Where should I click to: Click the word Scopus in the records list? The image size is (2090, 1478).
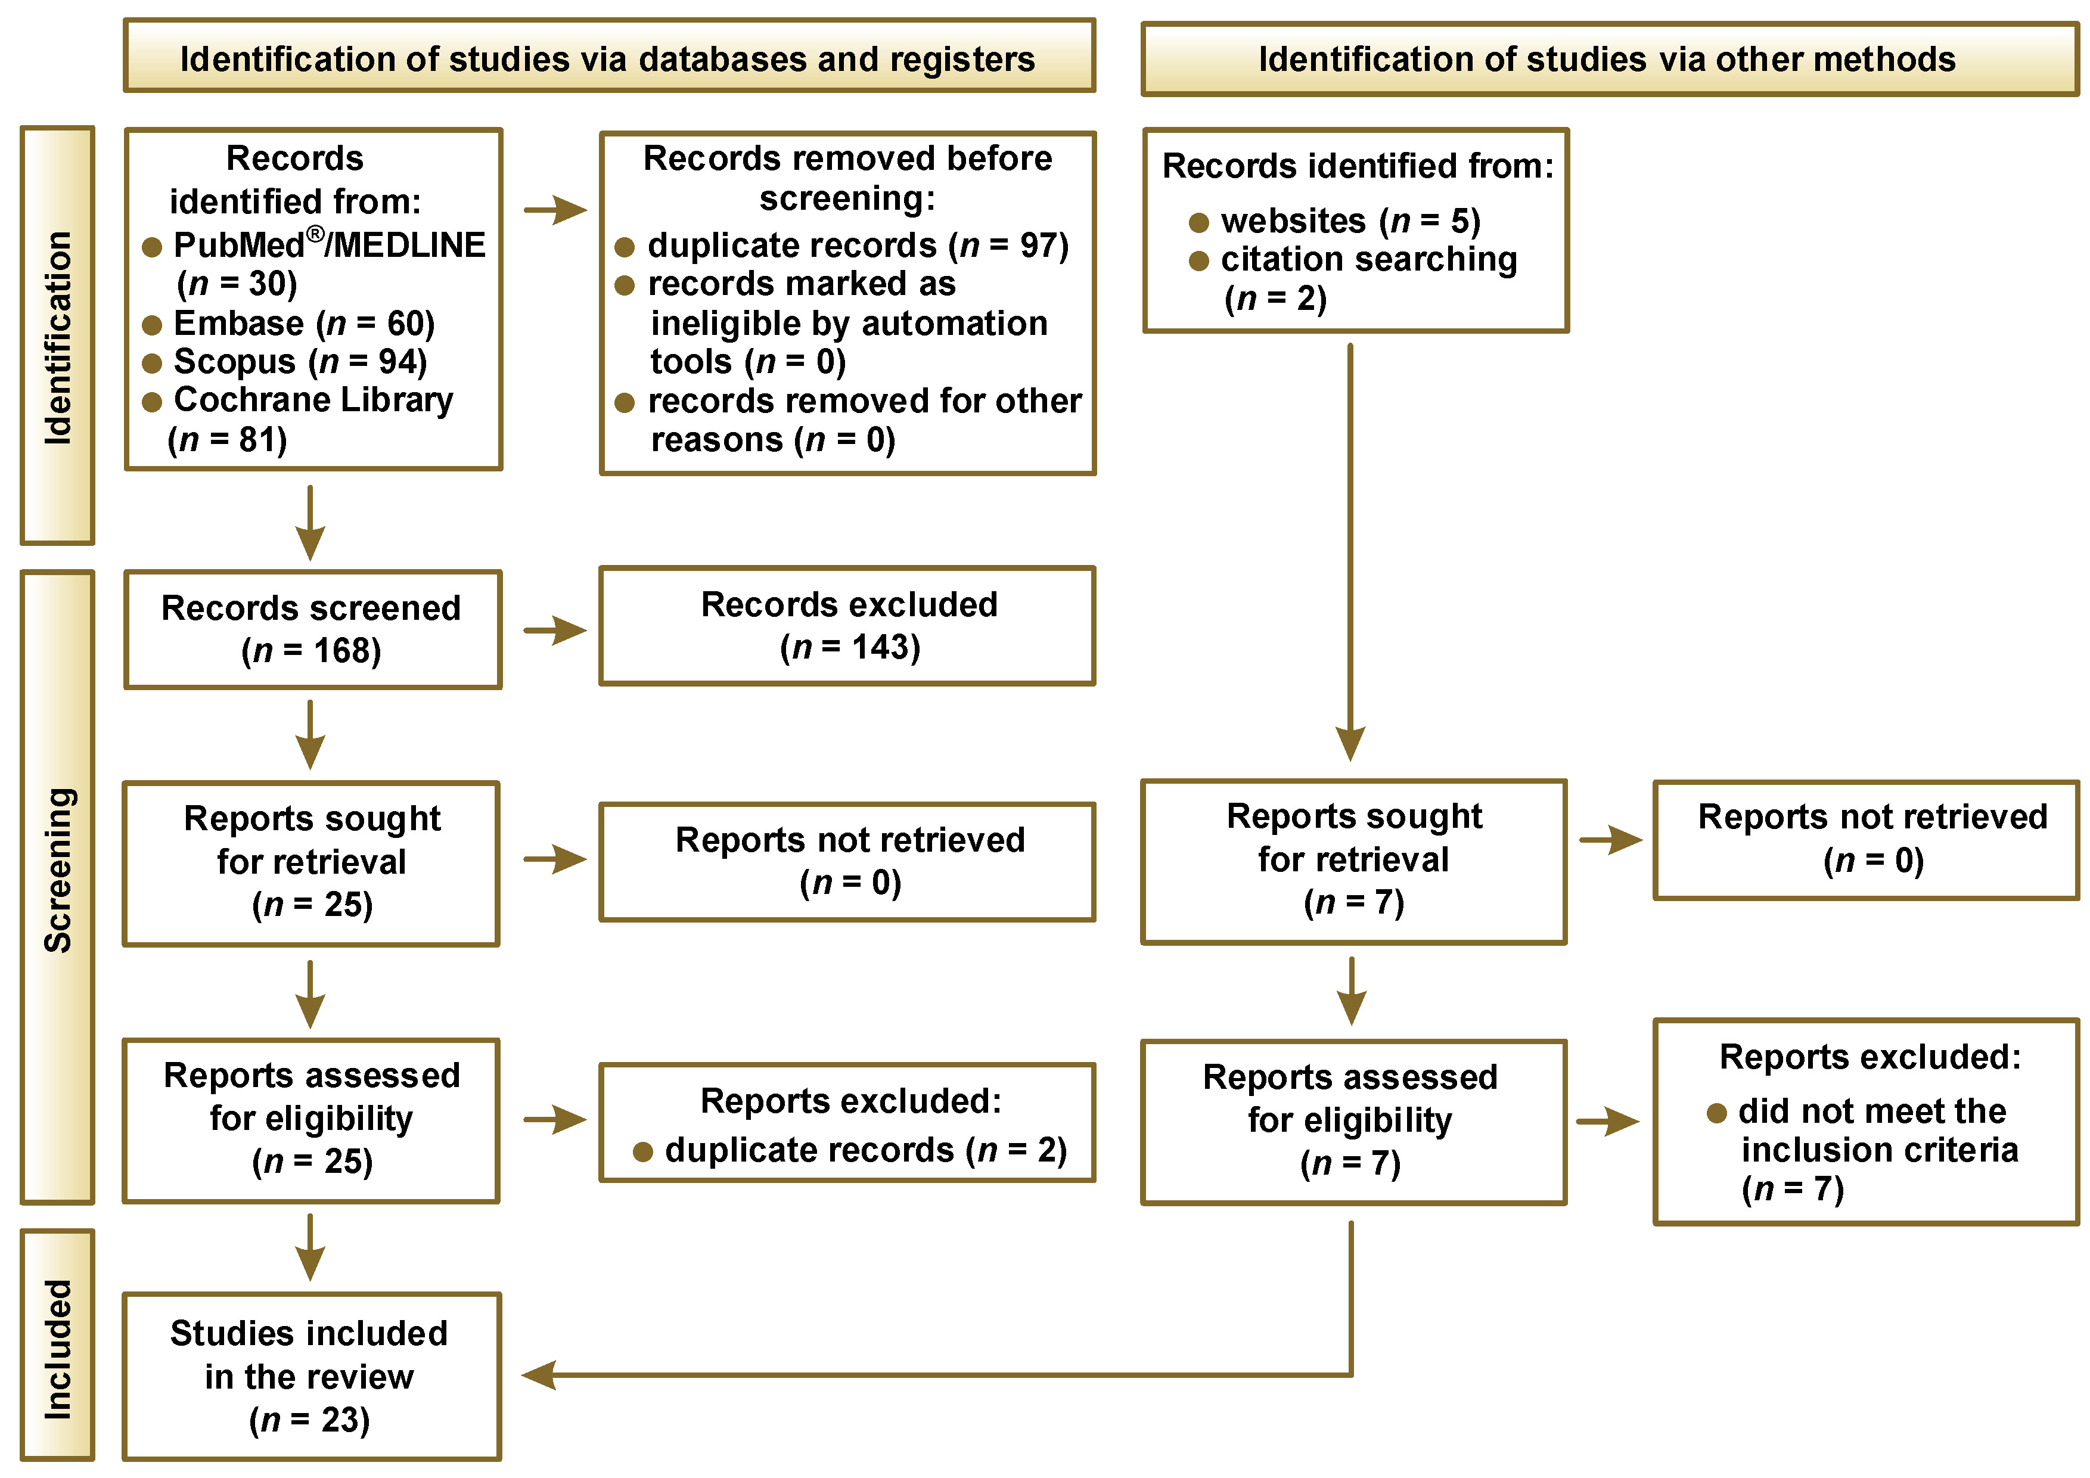235,363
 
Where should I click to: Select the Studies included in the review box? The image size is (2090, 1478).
311,1376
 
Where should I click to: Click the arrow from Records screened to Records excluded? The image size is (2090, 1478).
555,630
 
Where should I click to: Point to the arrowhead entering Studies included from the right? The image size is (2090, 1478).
538,1374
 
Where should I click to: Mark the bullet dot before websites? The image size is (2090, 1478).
1199,222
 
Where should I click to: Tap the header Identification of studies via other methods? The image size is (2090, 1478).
1607,59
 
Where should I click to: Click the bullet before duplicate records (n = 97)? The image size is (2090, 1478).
625,247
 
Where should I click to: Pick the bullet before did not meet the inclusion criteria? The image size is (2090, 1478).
1717,1113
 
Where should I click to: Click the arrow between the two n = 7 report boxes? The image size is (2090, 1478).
1351,991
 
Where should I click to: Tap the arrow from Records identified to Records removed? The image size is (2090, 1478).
555,210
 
